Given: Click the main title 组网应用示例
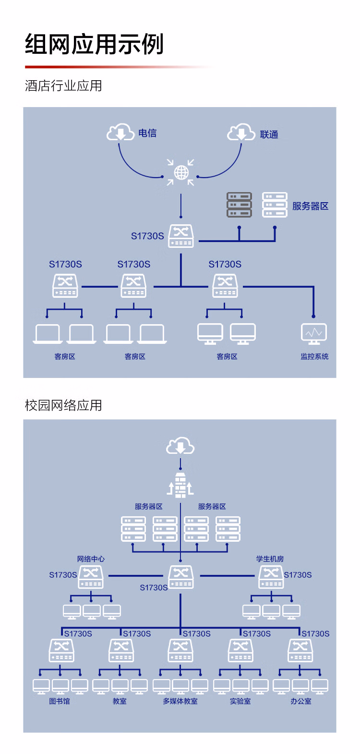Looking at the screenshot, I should (94, 44).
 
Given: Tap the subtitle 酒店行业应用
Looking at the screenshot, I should (63, 86).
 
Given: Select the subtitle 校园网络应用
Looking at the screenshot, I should (63, 405).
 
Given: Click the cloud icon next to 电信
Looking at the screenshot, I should (120, 132).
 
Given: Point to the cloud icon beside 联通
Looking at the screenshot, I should (241, 133).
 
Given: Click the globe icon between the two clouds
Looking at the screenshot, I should (181, 172).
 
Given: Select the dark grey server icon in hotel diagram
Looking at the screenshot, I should (239, 205).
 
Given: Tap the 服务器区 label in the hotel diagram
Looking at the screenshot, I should (310, 206).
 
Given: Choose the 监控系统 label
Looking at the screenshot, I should (314, 356).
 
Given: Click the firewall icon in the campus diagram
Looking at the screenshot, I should (180, 485).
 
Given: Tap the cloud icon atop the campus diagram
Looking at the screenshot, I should (180, 446).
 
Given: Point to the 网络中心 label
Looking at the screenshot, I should (91, 559).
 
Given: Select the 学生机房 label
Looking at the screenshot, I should (270, 559).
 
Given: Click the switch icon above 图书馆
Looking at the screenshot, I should (61, 650).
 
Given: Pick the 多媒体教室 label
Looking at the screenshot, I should (180, 701).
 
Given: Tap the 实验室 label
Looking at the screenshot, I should (240, 701).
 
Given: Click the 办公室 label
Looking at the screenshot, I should (300, 701).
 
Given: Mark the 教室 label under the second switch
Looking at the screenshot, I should (120, 701).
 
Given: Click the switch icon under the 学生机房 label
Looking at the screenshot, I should (271, 576).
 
